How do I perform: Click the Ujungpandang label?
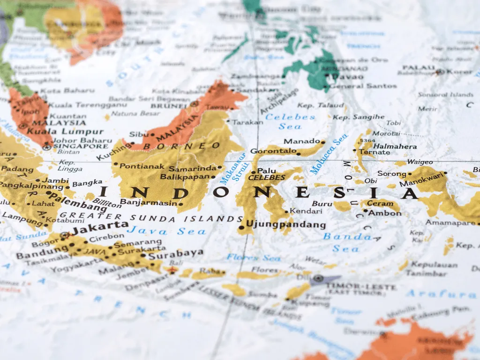[286, 225]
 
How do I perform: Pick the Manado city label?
[301, 141]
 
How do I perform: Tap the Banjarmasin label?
[149, 202]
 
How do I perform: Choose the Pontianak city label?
[142, 166]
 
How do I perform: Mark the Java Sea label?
[166, 231]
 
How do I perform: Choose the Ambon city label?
[384, 213]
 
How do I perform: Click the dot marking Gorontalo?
[299, 153]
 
